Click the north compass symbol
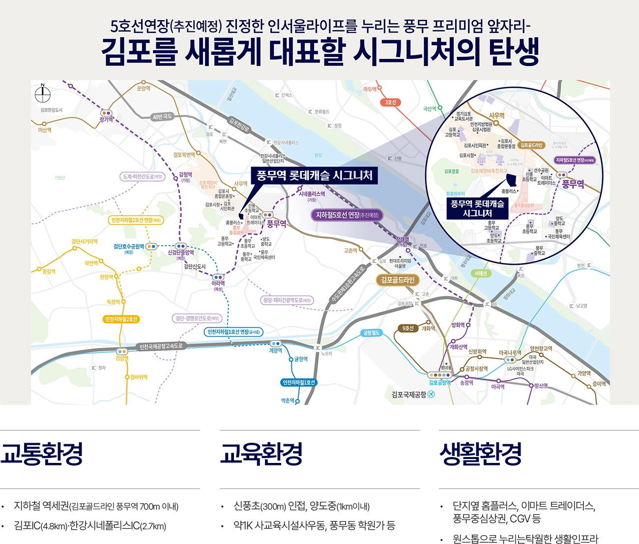coord(43,94)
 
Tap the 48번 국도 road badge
coord(162,117)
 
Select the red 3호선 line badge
coord(390,102)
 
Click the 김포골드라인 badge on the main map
coord(398,280)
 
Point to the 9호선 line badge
coord(408,328)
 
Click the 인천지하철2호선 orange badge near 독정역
coord(121,319)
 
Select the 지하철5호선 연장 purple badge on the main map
coord(347,215)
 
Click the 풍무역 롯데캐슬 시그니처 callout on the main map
coord(314,176)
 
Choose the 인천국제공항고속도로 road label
coord(161,346)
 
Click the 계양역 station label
coord(275,350)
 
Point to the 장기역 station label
coord(106,119)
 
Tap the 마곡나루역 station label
coord(510,353)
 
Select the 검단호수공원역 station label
coord(129,247)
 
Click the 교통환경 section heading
coord(42,453)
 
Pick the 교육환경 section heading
coord(261,453)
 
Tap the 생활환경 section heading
coord(480,453)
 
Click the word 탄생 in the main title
coord(514,52)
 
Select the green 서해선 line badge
coord(480,273)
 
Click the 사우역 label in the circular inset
coord(496,115)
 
